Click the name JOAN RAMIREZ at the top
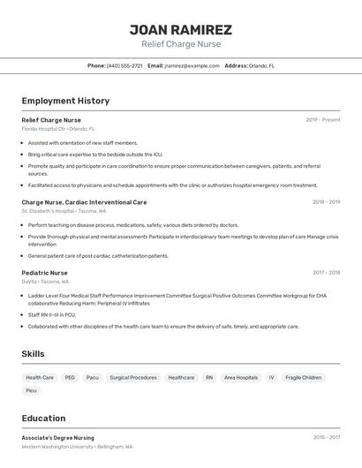click(181, 29)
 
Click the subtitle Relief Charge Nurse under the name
click(181, 44)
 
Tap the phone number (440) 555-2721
click(124, 65)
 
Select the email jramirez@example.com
click(192, 65)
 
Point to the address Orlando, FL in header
click(261, 65)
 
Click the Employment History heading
click(65, 101)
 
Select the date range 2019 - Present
click(323, 120)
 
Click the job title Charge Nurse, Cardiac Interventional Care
click(85, 202)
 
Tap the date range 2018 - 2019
click(326, 202)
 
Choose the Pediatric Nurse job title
click(45, 273)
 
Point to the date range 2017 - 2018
click(326, 273)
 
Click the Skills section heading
click(34, 354)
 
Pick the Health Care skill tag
click(41, 377)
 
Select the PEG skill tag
click(70, 377)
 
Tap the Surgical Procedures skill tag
click(133, 377)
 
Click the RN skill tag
click(209, 377)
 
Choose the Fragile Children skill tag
click(304, 377)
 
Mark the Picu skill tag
click(32, 390)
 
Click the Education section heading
click(43, 419)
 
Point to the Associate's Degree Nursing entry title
click(58, 437)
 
